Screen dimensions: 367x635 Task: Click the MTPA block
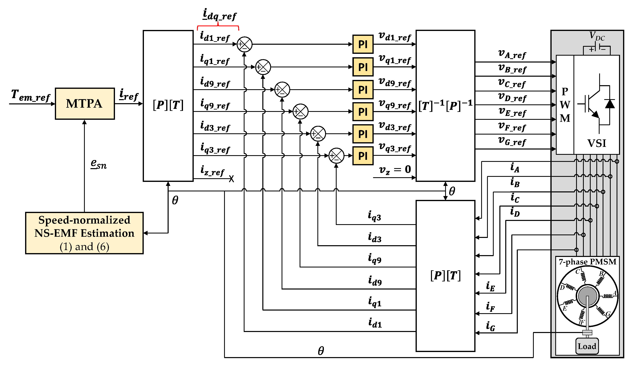click(85, 104)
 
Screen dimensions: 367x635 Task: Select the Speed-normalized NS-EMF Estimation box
click(84, 233)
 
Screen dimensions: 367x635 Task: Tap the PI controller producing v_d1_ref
click(363, 44)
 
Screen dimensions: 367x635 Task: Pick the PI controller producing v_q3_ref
click(363, 156)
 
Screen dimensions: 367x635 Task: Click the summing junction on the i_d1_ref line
click(244, 44)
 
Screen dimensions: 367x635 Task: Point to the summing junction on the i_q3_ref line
click(336, 156)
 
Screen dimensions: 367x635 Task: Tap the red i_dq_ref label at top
click(219, 15)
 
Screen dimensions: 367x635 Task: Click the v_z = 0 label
click(395, 170)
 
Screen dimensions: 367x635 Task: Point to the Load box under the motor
click(587, 346)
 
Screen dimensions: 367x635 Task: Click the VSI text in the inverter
click(597, 143)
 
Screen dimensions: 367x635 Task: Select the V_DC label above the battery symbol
click(597, 36)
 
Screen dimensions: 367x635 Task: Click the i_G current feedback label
click(490, 326)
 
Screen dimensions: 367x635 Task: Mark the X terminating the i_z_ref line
click(231, 179)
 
